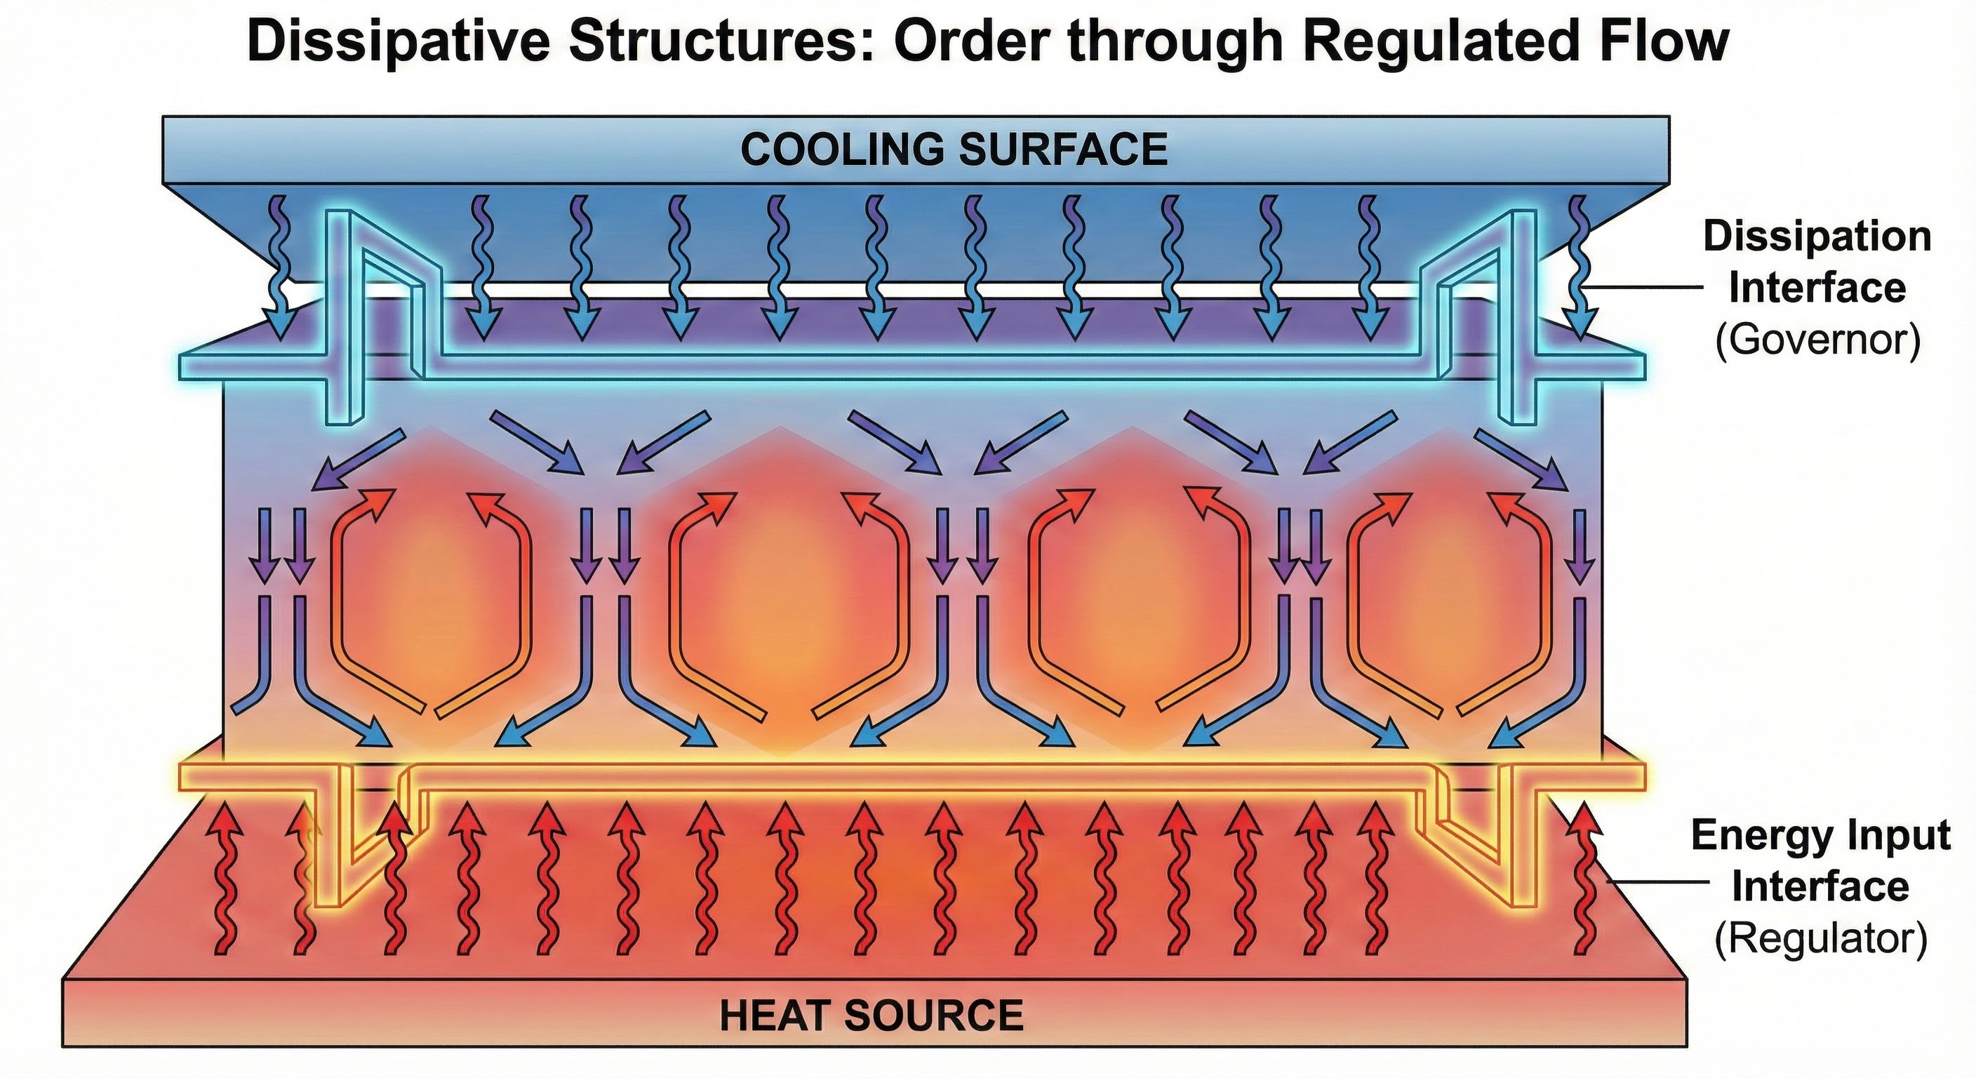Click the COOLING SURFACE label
[954, 149]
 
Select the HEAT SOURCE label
[872, 1015]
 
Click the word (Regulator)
[1820, 938]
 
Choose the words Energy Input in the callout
[1820, 834]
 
